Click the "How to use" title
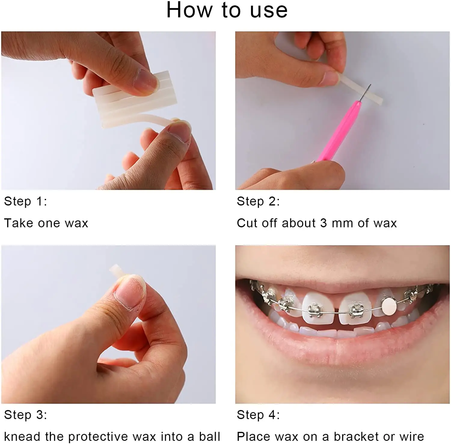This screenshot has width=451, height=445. pos(227,10)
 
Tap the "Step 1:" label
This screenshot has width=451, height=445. pos(26,201)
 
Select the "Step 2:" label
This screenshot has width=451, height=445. pos(258,201)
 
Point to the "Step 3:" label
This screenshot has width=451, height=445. pos(26,415)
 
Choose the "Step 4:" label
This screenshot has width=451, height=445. pos(258,415)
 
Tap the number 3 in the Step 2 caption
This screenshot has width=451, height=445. pos(323,223)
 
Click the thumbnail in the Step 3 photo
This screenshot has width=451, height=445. pos(130,293)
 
